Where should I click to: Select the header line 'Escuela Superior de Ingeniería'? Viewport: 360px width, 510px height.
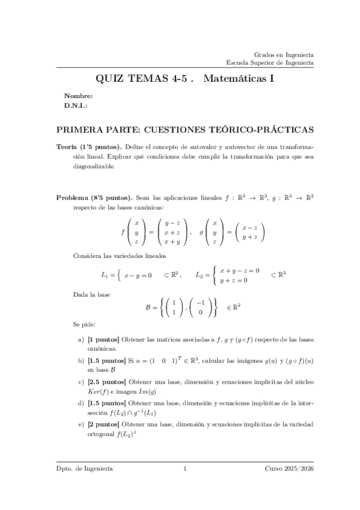click(269, 62)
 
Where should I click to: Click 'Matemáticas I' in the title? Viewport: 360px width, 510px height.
click(239, 78)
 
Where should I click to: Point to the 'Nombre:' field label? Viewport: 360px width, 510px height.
click(78, 96)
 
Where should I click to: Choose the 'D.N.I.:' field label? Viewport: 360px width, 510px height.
click(76, 105)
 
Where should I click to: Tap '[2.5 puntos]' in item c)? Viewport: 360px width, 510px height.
click(106, 382)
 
